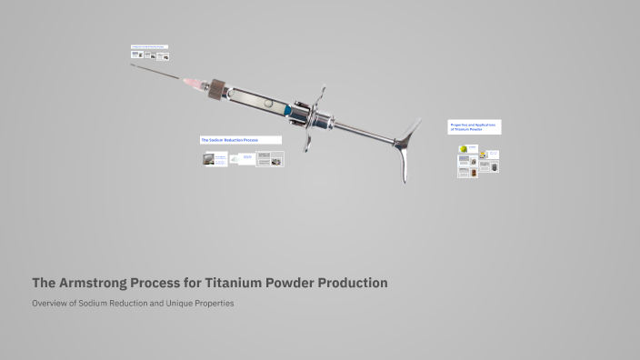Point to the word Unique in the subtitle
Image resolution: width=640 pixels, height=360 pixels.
[179, 303]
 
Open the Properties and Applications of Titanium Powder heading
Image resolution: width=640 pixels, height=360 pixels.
[474, 126]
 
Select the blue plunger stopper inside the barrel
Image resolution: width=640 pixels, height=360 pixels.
[288, 110]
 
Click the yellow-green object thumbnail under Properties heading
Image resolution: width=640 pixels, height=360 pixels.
[464, 149]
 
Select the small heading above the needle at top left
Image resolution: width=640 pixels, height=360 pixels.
[149, 45]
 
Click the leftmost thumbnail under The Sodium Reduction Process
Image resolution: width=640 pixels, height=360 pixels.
[215, 159]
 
